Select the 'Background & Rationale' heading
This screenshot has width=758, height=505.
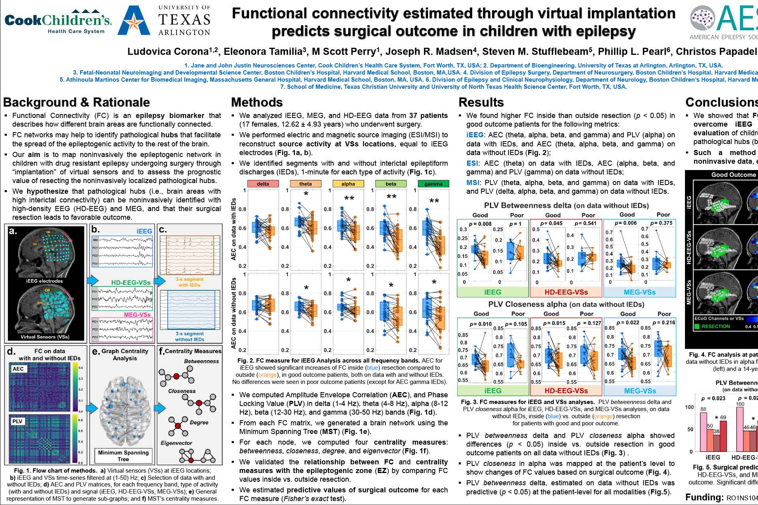click(x=76, y=103)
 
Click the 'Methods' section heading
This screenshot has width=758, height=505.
click(x=257, y=103)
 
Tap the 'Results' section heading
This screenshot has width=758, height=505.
click(x=481, y=103)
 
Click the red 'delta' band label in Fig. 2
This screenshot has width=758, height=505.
click(x=263, y=184)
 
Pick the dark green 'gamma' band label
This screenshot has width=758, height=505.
click(x=433, y=184)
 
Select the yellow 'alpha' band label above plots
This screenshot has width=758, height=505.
click(x=348, y=184)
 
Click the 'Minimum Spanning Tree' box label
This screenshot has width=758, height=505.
click(x=123, y=456)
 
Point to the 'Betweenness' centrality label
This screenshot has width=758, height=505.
click(x=201, y=361)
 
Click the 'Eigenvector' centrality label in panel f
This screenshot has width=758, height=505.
click(x=176, y=443)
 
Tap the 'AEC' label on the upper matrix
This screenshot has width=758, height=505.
click(x=18, y=369)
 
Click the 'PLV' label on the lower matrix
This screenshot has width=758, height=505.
click(x=17, y=421)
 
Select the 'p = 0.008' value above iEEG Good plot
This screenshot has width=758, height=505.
click(x=480, y=224)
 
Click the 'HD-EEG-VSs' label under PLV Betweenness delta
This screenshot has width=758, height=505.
click(x=566, y=292)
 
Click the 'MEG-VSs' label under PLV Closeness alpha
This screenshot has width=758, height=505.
click(x=640, y=391)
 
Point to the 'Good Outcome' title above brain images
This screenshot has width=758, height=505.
click(x=733, y=175)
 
